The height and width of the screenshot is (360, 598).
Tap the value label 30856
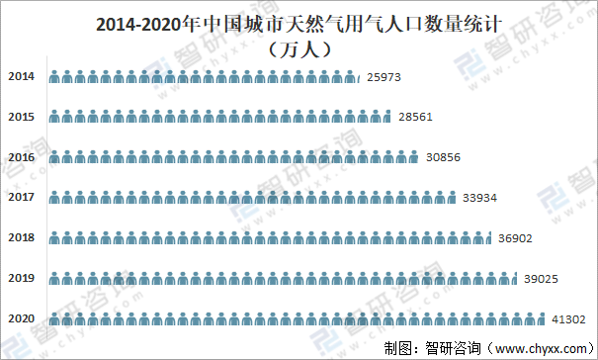[x=444, y=157]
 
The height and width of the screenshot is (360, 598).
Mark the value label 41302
[x=568, y=318]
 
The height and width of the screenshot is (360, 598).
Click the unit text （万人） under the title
[x=299, y=47]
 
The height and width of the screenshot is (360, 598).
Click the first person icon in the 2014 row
[x=53, y=76]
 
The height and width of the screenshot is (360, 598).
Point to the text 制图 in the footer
[x=398, y=347]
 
